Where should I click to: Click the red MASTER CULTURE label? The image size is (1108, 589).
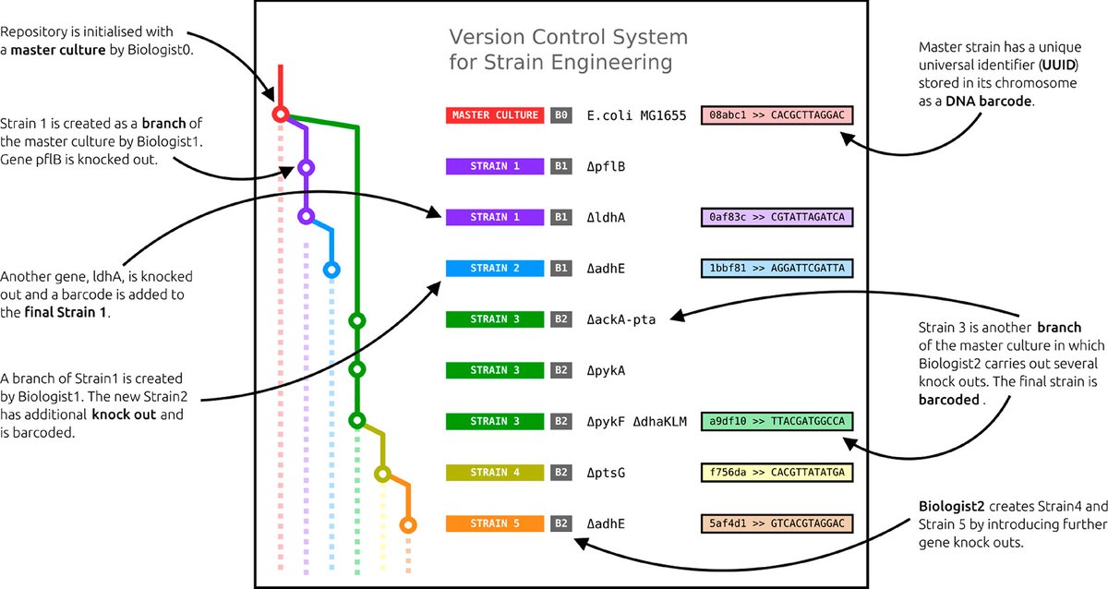tap(495, 115)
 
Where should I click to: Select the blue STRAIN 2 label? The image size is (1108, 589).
tap(495, 269)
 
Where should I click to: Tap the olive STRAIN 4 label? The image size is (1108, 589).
tap(495, 473)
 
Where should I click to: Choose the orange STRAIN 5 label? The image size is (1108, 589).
tap(495, 523)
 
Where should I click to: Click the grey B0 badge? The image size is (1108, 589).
tap(561, 115)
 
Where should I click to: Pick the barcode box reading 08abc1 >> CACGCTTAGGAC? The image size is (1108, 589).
tap(777, 115)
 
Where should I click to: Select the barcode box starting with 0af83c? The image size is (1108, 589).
tap(777, 218)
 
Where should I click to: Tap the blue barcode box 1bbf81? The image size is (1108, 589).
tap(777, 269)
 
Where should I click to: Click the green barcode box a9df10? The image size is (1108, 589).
tap(777, 422)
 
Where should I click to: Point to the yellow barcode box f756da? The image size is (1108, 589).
tap(777, 473)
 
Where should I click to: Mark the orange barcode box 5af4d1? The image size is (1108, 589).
tap(777, 523)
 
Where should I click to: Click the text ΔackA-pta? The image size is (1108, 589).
tap(621, 319)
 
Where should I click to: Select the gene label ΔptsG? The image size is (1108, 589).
tap(608, 473)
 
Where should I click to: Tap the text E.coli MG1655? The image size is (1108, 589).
tap(635, 115)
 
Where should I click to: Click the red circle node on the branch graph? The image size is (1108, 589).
tap(280, 114)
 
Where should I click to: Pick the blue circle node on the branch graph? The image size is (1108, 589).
tap(331, 270)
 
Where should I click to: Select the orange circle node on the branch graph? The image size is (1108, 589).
tap(407, 524)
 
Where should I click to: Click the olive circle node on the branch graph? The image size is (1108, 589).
tap(382, 474)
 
